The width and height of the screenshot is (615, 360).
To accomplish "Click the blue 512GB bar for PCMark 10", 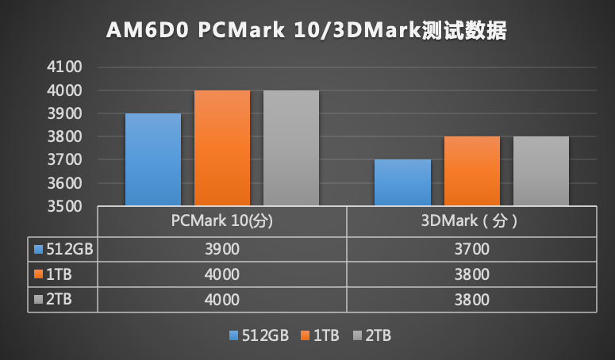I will pos(153,159).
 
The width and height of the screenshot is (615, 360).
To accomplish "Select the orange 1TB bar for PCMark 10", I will pos(222,148).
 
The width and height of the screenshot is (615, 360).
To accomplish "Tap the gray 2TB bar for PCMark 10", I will pos(291,148).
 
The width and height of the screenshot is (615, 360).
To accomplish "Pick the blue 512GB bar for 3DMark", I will pos(402,182).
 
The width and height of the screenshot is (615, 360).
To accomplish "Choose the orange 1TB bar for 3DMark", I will pos(471,171).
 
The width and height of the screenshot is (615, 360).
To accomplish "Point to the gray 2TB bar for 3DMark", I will pos(540,171).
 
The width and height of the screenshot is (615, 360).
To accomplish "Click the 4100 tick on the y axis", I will pos(65,67).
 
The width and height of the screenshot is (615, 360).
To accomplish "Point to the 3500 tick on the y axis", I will pos(65,206).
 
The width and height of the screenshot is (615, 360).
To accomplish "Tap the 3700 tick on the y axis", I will pos(65,160).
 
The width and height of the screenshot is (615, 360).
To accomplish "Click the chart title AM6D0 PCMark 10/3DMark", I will pos(306,31).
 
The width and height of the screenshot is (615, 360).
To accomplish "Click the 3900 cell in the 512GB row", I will pos(222,249).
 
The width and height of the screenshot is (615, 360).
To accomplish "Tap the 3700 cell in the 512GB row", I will pos(471,249).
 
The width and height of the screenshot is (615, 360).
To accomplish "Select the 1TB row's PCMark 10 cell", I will pos(222,274).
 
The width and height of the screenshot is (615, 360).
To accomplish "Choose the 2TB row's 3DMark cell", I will pos(471,300).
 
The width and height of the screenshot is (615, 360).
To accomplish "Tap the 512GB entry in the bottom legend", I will pos(262,335).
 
